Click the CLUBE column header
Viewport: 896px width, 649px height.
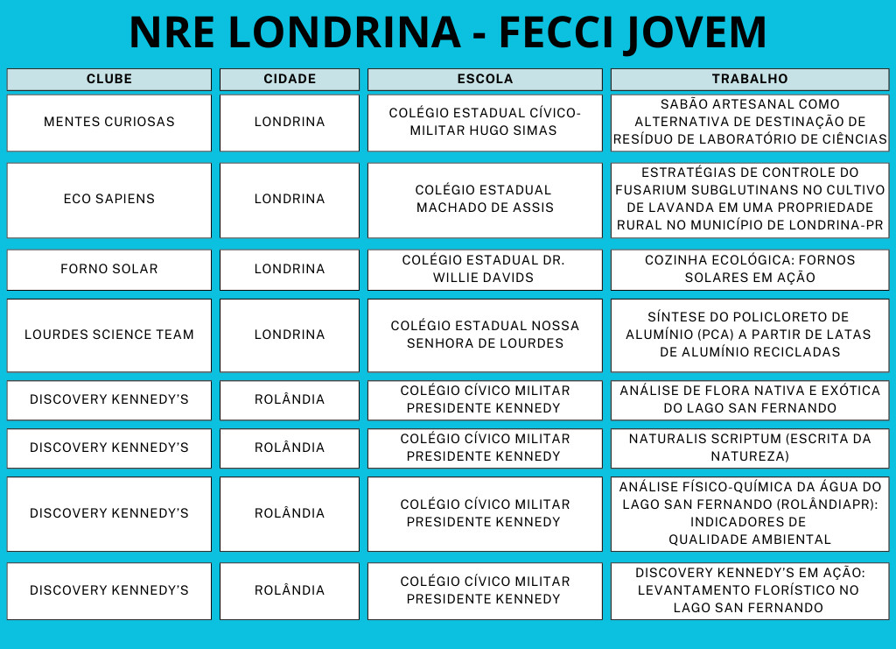click(109, 79)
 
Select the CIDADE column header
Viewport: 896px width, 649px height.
click(290, 79)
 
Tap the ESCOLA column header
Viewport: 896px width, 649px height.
click(485, 79)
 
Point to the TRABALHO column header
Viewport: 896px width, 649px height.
click(750, 79)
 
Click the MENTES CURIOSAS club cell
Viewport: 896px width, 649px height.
click(109, 122)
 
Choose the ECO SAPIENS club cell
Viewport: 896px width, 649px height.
click(109, 199)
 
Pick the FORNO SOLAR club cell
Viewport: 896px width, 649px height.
click(109, 269)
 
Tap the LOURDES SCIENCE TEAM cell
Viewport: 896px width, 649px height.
click(109, 335)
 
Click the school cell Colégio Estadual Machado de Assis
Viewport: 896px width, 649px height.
click(485, 199)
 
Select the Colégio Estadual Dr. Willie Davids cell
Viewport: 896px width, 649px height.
click(485, 269)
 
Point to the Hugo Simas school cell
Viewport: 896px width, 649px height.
click(485, 122)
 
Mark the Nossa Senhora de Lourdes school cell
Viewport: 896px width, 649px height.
click(485, 335)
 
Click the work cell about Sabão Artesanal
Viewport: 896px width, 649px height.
click(750, 122)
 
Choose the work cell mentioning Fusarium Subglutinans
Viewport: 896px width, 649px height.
click(750, 199)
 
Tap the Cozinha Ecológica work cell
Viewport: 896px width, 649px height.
click(750, 269)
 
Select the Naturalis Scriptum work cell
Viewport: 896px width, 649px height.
click(750, 448)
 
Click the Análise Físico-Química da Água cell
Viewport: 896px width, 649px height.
click(750, 513)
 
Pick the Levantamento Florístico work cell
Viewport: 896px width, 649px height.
click(750, 590)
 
